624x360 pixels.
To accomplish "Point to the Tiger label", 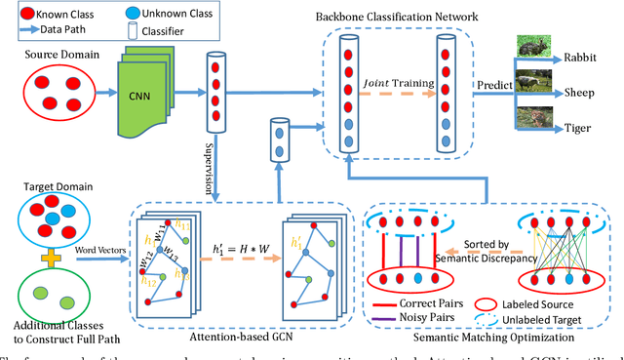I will pos(581,129).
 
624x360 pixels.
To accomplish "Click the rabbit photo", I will pos(532,46).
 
